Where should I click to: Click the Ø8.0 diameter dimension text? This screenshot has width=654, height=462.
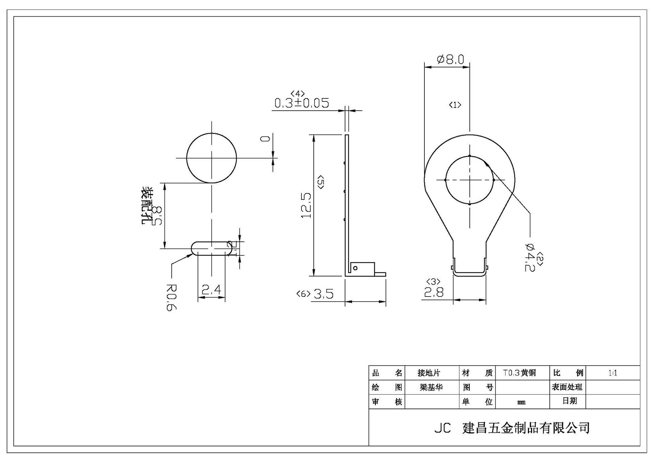[450, 60]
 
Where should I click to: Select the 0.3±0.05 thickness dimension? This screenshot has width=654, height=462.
[302, 103]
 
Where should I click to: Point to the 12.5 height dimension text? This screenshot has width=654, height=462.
[306, 206]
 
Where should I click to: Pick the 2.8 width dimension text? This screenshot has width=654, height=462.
[434, 292]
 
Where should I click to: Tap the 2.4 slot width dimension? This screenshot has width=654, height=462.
[211, 290]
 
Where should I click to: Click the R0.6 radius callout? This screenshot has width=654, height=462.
[171, 297]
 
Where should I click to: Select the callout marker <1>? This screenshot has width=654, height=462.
[455, 105]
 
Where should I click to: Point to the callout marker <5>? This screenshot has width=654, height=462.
[321, 182]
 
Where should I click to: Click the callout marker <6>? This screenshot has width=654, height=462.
[303, 294]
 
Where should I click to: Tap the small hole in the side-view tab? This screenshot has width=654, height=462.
[355, 268]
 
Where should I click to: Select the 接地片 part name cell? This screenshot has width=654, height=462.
[429, 373]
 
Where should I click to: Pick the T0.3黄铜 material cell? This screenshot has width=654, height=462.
[519, 373]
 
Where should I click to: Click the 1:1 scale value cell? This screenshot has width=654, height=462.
[612, 373]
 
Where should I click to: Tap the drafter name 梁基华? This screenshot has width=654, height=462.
[431, 387]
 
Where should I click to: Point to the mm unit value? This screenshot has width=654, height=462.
[521, 402]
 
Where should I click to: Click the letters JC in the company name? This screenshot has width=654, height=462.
[442, 428]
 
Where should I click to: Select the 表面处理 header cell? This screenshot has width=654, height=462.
[567, 387]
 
